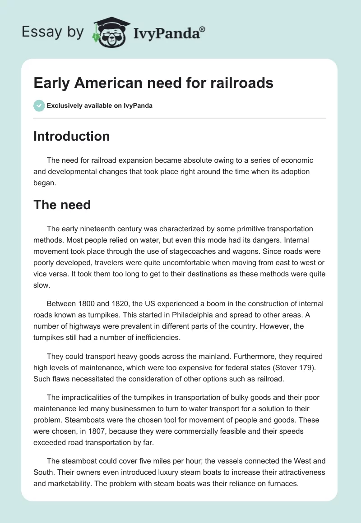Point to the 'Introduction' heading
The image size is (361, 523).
pos(71,136)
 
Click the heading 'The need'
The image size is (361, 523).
pos(62,205)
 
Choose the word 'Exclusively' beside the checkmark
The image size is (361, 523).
pos(64,106)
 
